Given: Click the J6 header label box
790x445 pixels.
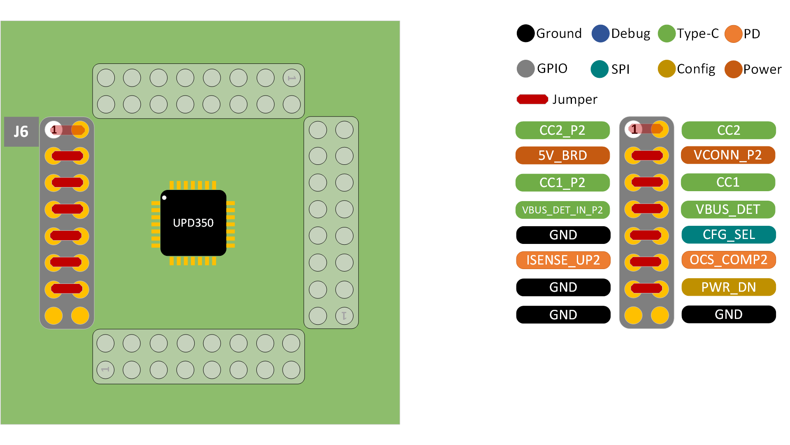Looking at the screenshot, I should click(x=21, y=132).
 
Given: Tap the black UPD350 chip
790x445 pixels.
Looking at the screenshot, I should click(x=193, y=223).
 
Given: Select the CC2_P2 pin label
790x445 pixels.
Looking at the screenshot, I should click(x=562, y=130).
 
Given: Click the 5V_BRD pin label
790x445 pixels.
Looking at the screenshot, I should click(x=562, y=155).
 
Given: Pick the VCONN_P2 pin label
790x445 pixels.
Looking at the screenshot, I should click(x=728, y=155).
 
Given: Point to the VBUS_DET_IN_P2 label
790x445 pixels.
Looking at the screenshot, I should click(x=562, y=210).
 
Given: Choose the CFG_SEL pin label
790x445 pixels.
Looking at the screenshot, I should click(x=729, y=235).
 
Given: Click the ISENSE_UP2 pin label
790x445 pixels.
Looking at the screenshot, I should click(x=563, y=260).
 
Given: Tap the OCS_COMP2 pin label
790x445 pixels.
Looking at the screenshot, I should click(x=728, y=260).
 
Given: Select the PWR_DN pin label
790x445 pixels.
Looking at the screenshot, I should click(x=729, y=287).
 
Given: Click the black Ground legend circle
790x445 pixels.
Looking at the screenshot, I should click(x=525, y=33).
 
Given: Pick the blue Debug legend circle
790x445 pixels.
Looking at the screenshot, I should click(x=600, y=33).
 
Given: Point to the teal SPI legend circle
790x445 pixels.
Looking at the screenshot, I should click(x=599, y=69).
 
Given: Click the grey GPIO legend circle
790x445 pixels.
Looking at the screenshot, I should click(x=525, y=68).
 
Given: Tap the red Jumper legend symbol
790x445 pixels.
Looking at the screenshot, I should click(x=532, y=99).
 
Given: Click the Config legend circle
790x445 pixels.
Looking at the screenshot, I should click(x=667, y=69).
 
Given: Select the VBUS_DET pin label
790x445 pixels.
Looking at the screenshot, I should click(x=728, y=209).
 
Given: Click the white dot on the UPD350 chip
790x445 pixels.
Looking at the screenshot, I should click(x=164, y=198).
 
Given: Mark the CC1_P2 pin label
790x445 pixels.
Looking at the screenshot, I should click(x=562, y=183).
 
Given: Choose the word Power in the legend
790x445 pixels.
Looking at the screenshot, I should click(x=762, y=69).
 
